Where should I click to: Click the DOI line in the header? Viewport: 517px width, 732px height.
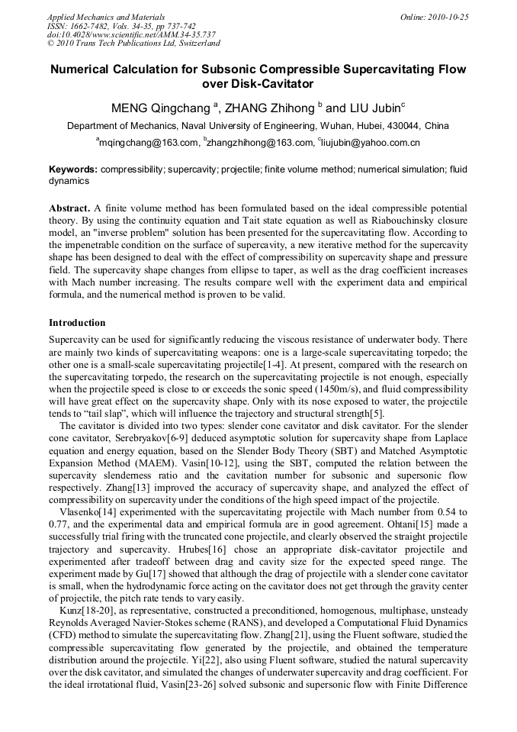click(130, 35)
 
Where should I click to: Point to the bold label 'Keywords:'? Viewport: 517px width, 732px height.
click(73, 169)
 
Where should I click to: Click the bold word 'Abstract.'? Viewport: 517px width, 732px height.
click(69, 208)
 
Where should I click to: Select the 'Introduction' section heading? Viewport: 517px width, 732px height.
click(77, 323)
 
